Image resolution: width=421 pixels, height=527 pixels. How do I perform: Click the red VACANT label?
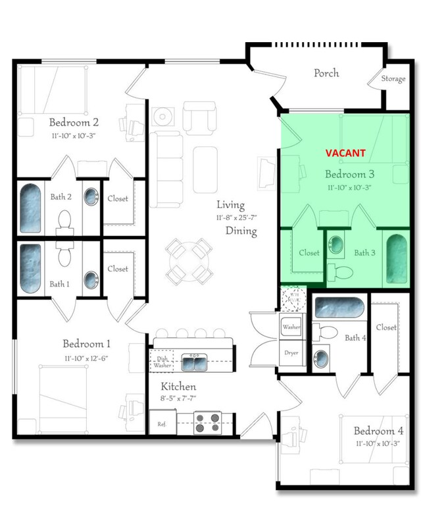(x=345, y=153)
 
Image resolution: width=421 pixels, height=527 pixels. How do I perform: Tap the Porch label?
(x=326, y=72)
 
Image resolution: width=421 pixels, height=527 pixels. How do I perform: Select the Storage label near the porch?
(x=393, y=80)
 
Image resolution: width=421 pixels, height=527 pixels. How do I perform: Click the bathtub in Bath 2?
(x=30, y=208)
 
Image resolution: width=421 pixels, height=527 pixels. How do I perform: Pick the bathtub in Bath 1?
(x=30, y=269)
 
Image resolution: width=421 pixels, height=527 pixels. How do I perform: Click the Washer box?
(x=291, y=327)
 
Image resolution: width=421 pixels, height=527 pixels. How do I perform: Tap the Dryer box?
(x=291, y=353)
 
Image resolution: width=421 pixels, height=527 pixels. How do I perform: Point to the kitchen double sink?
(x=193, y=362)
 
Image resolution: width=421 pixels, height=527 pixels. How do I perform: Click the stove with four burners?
(x=210, y=422)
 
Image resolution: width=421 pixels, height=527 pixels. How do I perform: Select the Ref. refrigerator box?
(x=161, y=424)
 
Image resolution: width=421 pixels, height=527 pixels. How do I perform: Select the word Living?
(x=230, y=206)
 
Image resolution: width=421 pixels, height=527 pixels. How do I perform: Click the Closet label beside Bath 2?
(x=118, y=198)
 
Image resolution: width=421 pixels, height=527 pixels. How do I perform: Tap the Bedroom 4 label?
(x=374, y=431)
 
